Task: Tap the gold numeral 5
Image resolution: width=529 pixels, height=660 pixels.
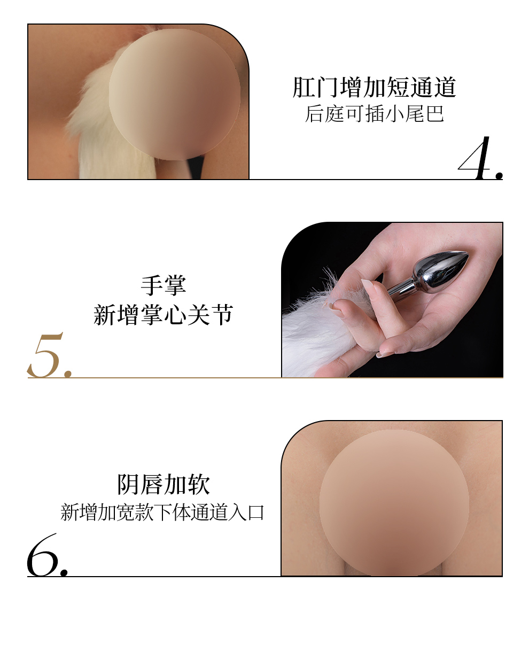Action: click(x=46, y=355)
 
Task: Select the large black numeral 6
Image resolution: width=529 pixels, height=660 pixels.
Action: click(x=42, y=556)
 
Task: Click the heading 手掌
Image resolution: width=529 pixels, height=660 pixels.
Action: click(x=164, y=285)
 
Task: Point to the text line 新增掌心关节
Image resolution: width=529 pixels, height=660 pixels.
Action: click(x=164, y=315)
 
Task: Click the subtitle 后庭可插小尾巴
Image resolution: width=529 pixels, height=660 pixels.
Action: click(x=375, y=114)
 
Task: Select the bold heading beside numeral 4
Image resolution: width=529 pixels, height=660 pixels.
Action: click(x=375, y=88)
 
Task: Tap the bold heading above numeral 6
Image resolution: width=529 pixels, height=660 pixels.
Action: click(x=164, y=484)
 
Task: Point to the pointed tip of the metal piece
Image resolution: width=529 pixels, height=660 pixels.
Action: click(x=468, y=254)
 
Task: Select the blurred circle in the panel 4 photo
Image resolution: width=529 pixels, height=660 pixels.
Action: click(x=175, y=95)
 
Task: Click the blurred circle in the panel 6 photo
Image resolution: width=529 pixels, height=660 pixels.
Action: click(x=394, y=503)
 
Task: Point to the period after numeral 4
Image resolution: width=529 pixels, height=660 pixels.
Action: click(x=499, y=175)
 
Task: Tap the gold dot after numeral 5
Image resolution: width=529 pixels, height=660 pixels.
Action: click(x=68, y=373)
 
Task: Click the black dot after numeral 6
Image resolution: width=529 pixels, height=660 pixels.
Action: click(x=64, y=572)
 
